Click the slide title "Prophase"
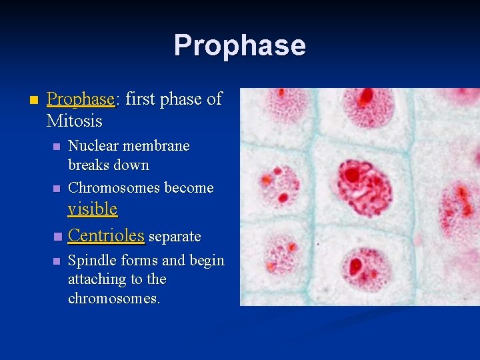click(239, 45)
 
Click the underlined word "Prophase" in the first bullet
click(80, 99)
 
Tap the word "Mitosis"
click(74, 121)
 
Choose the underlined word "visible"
click(92, 209)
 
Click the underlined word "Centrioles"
click(106, 235)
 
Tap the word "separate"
click(175, 237)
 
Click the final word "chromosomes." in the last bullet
click(114, 298)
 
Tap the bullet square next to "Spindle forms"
click(57, 261)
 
